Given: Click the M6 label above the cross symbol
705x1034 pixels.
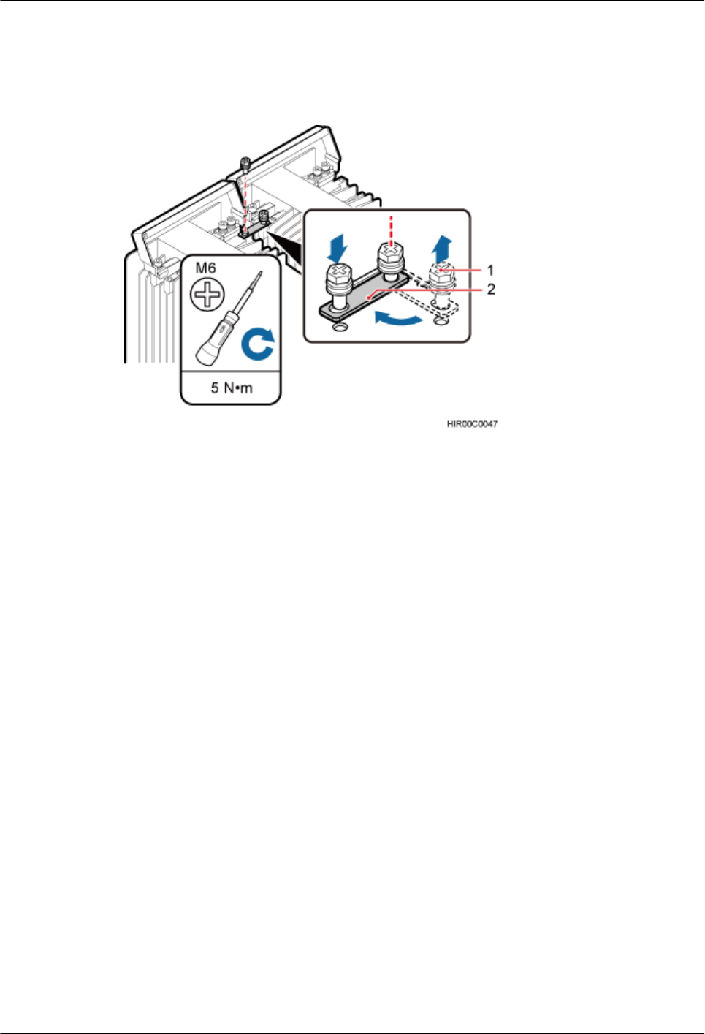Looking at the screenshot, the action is pyautogui.click(x=205, y=268).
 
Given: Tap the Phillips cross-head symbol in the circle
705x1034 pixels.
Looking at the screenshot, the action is pyautogui.click(x=207, y=295).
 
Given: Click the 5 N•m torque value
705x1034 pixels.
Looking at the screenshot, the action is pyautogui.click(x=231, y=388).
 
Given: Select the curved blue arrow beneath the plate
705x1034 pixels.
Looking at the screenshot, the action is pyautogui.click(x=397, y=317).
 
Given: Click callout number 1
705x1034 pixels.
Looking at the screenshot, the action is pyautogui.click(x=491, y=271).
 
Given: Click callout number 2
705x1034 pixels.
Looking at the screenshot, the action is pyautogui.click(x=491, y=290).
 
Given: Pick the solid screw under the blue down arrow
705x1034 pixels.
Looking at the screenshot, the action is pyautogui.click(x=338, y=281).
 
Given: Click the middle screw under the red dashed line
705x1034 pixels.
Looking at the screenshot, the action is pyautogui.click(x=391, y=260).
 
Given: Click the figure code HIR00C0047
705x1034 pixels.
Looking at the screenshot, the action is pyautogui.click(x=472, y=424).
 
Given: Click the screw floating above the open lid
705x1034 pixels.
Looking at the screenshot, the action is pyautogui.click(x=245, y=162).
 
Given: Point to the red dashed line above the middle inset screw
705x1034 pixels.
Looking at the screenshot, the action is pyautogui.click(x=392, y=227).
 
